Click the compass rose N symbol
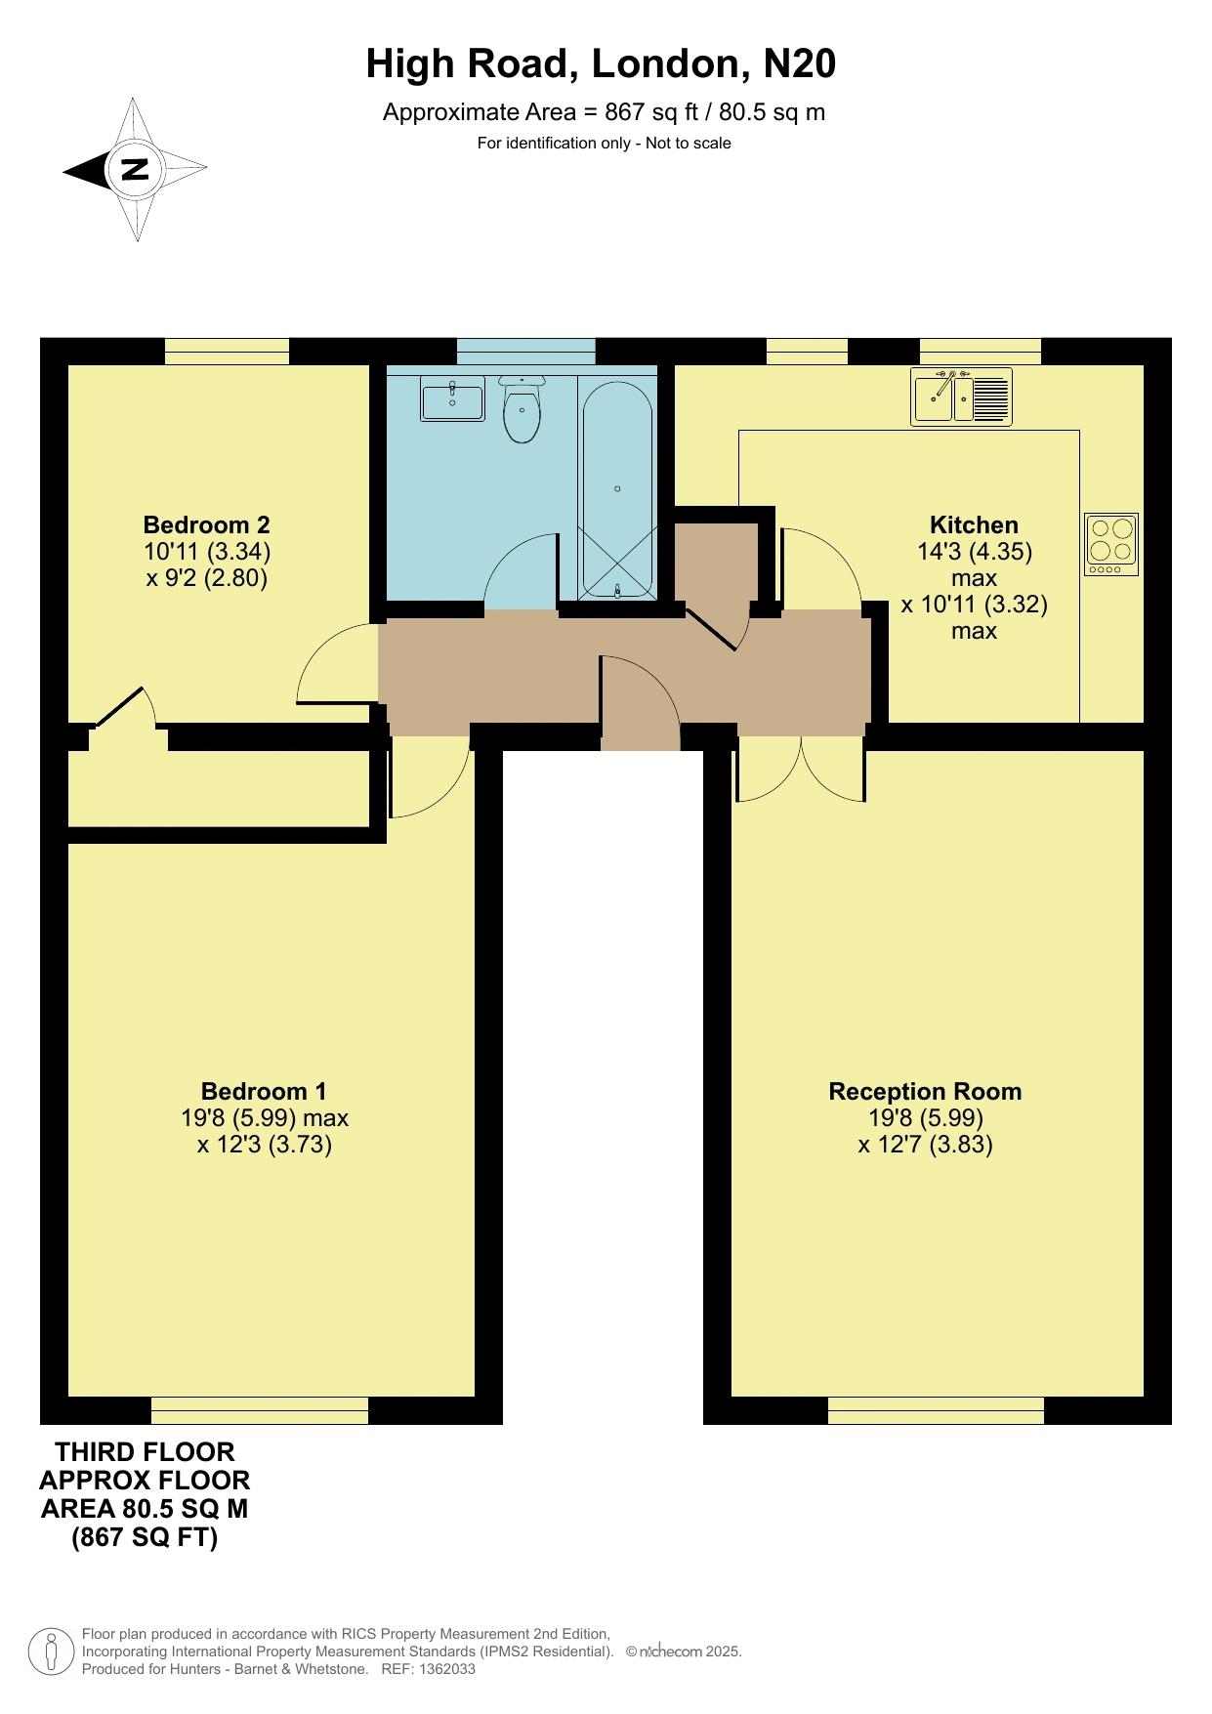pos(135,170)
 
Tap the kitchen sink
pos(962,397)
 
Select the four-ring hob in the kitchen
pos(1111,544)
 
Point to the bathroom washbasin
pos(452,401)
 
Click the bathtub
pos(617,487)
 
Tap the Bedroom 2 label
pos(206,524)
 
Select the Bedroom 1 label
pos(264,1091)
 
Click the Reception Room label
pos(925,1091)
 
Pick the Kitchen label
pos(974,524)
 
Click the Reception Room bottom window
pos(936,1410)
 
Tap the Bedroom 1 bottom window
pos(260,1410)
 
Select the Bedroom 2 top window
pos(227,352)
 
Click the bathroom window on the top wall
pos(526,352)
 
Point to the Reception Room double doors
pos(801,769)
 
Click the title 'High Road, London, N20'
pos(601,64)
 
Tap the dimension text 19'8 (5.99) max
pos(265,1117)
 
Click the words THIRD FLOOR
pos(145,1451)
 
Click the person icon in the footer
pos(52,1651)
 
